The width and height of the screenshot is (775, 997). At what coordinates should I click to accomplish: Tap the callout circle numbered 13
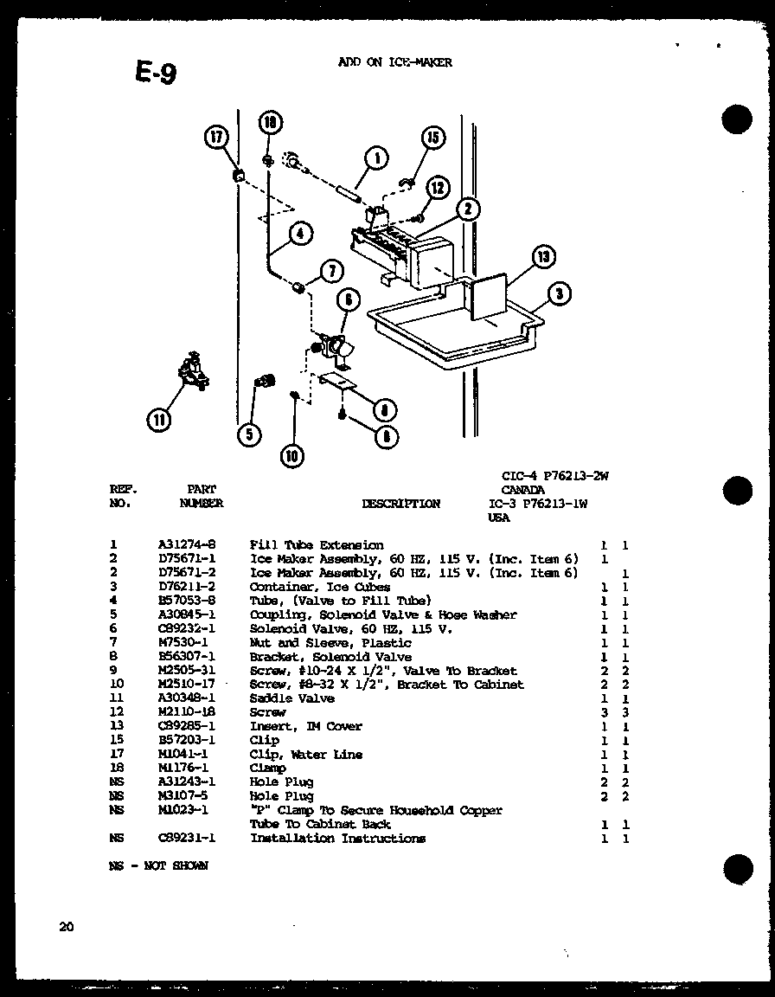pyautogui.click(x=542, y=257)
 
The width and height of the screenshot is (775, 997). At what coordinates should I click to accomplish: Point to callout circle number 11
pyautogui.click(x=159, y=421)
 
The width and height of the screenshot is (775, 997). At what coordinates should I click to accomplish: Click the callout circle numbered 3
pyautogui.click(x=560, y=295)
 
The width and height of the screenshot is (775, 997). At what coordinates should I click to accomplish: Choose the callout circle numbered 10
pyautogui.click(x=292, y=455)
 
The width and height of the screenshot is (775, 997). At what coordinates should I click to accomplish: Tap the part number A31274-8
pyautogui.click(x=187, y=545)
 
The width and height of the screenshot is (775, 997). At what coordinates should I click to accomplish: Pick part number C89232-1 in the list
pyautogui.click(x=187, y=629)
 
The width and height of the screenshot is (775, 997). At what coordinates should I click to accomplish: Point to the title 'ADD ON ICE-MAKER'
pyautogui.click(x=394, y=62)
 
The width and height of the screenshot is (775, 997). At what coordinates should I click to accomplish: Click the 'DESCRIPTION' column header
pyautogui.click(x=400, y=504)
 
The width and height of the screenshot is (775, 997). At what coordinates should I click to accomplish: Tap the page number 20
pyautogui.click(x=67, y=927)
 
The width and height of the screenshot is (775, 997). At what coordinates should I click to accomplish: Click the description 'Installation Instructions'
pyautogui.click(x=337, y=838)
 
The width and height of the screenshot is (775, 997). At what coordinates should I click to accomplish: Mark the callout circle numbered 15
pyautogui.click(x=432, y=138)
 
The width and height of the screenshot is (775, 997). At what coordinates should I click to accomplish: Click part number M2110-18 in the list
pyautogui.click(x=187, y=712)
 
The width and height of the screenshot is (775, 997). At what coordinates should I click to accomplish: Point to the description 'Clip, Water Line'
pyautogui.click(x=306, y=755)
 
